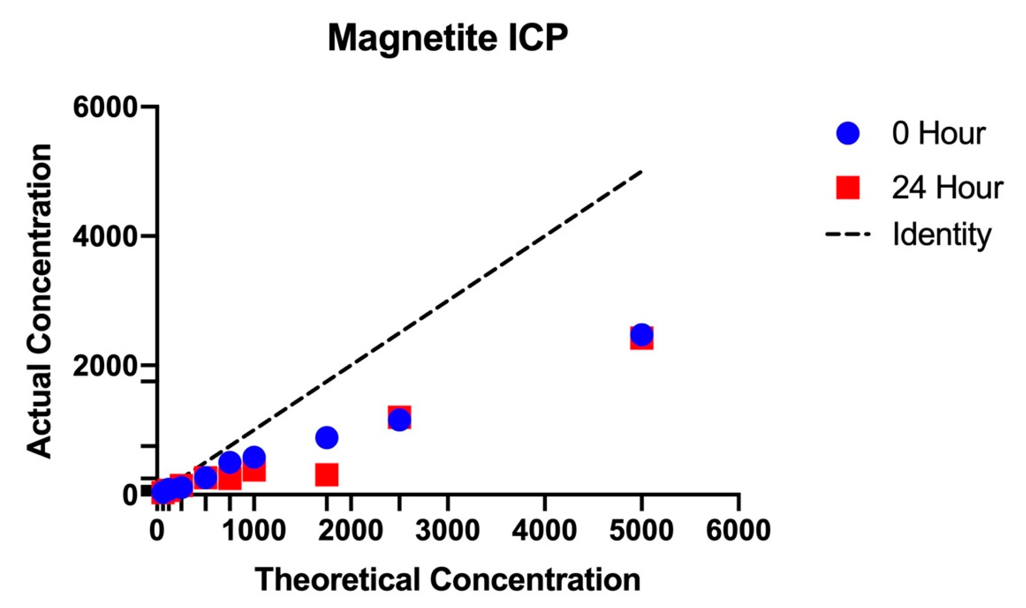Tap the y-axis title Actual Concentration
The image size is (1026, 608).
[x=40, y=301]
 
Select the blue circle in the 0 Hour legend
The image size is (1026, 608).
[x=847, y=133]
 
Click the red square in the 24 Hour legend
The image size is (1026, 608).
[x=847, y=188]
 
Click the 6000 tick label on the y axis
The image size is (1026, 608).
[x=105, y=107]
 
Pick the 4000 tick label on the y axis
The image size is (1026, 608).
[x=105, y=237]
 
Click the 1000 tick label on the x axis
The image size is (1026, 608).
[x=254, y=531]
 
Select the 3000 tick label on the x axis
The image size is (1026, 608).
[x=448, y=531]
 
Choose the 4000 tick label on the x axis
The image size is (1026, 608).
[x=545, y=531]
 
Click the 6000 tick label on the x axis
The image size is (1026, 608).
[x=738, y=531]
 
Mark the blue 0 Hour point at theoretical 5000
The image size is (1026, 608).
[x=641, y=334]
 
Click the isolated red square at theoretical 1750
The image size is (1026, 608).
[x=326, y=475]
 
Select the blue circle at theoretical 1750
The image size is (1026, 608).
[x=326, y=437]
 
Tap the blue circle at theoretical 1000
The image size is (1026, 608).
[x=254, y=457]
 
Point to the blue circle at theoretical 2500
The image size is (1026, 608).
[x=399, y=420]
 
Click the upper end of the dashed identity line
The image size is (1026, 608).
[x=641, y=172]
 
